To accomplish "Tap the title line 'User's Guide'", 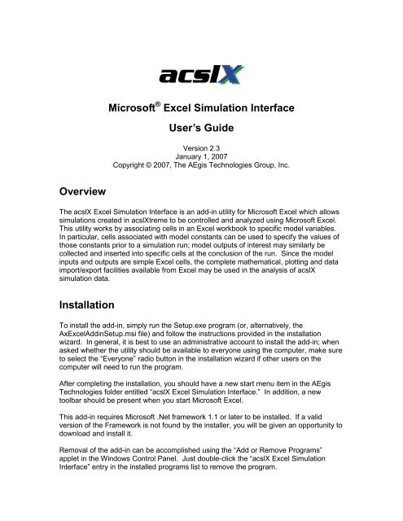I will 201,151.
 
